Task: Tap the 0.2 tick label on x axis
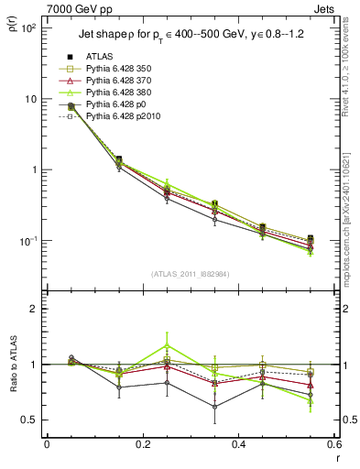point(142,445)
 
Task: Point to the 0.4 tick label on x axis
point(238,445)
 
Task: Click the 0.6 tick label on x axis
point(333,445)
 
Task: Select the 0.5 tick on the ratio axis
point(33,420)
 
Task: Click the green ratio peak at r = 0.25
point(167,345)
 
